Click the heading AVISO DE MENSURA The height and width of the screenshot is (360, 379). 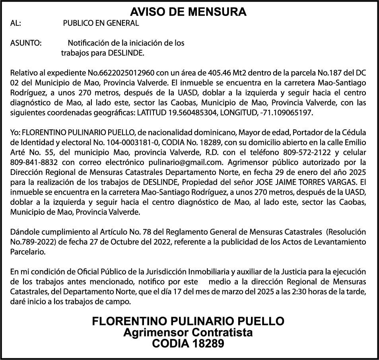188,12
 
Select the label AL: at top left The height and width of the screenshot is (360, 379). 16,23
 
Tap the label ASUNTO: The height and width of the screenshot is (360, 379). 26,43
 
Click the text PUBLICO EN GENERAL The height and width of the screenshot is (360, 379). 101,23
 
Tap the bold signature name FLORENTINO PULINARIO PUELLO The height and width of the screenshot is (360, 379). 188,321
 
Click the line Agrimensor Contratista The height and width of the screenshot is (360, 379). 188,332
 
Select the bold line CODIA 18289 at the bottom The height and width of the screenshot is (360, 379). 188,343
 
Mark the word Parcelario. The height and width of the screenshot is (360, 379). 28,252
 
